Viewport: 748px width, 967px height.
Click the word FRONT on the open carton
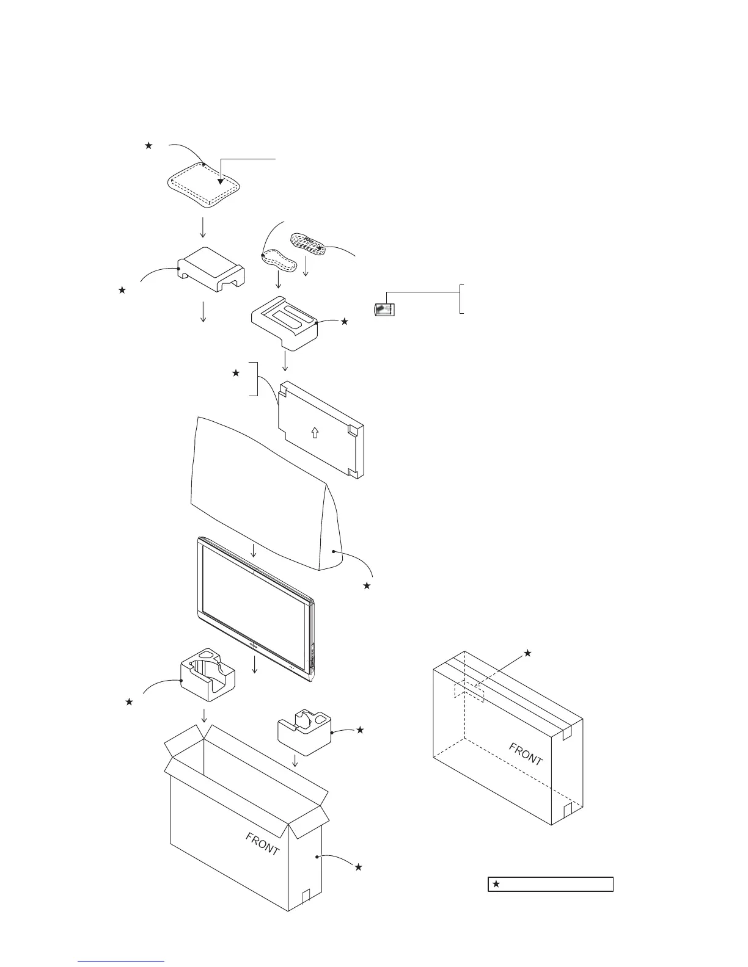pos(263,843)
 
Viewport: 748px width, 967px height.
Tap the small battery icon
pos(384,310)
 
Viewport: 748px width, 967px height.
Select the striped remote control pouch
pos(309,244)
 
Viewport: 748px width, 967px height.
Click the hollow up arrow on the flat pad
pos(314,433)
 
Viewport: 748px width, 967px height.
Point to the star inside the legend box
pos(497,883)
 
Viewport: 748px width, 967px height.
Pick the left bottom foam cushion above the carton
pos(208,679)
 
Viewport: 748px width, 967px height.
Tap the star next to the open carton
pos(359,867)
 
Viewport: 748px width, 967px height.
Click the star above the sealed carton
pos(528,653)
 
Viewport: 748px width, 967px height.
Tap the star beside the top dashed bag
pos(147,145)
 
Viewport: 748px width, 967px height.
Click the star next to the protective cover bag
pos(367,585)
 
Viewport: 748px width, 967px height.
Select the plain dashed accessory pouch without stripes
pos(279,259)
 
